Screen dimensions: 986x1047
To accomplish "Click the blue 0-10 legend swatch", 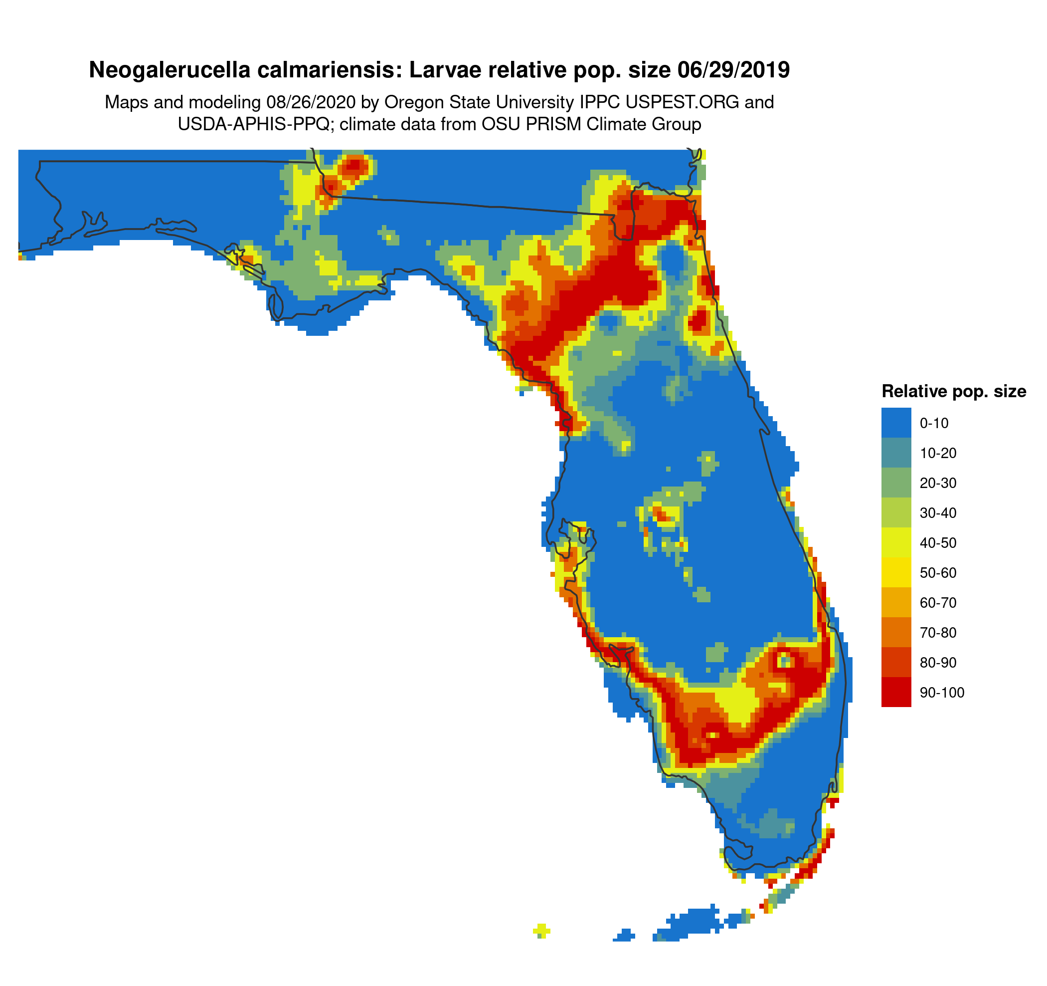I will [x=896, y=423].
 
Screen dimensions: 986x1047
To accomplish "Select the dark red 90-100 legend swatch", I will [x=896, y=693].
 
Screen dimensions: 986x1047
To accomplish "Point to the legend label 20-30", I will [x=938, y=483].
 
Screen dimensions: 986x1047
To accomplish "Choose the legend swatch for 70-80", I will [x=896, y=632].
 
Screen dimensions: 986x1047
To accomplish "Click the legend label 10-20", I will [x=938, y=453].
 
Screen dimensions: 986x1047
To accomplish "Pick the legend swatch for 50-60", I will [x=896, y=573].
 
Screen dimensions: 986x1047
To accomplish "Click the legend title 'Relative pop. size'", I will [x=954, y=392].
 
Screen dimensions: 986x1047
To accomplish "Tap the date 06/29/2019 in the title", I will [x=733, y=70].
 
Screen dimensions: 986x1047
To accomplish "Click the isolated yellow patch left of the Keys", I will [x=541, y=931].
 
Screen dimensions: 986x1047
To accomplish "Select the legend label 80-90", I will [x=938, y=663].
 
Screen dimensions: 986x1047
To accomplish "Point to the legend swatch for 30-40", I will [x=896, y=513].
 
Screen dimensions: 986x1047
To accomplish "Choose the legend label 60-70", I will [x=938, y=603].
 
